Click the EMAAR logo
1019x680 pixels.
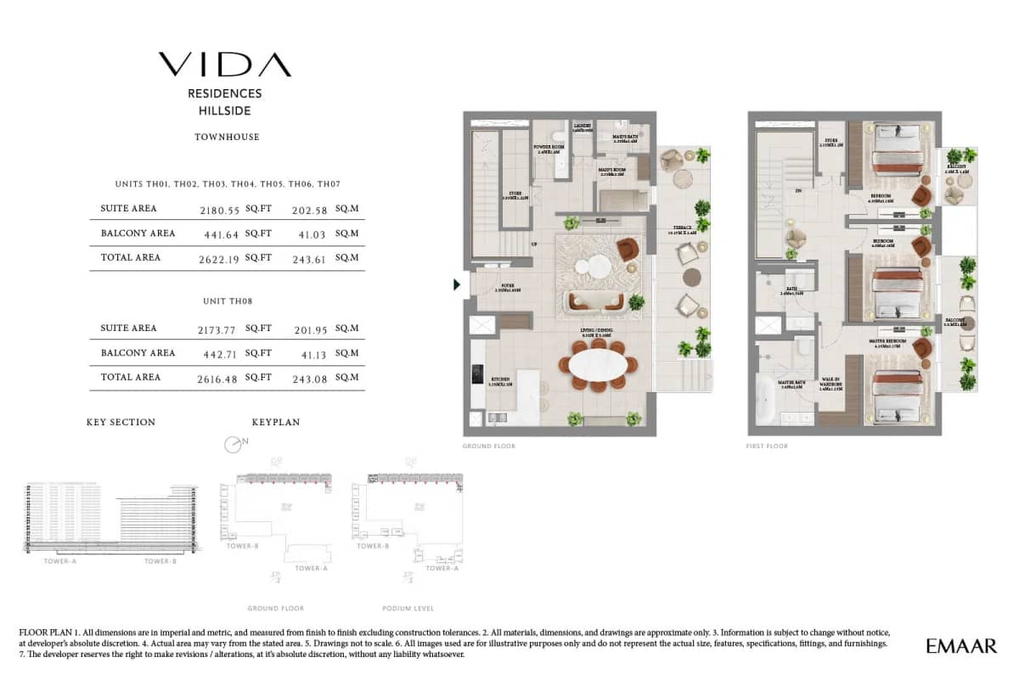click(x=961, y=646)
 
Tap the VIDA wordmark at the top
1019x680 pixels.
click(x=225, y=65)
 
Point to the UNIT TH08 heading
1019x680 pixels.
click(x=227, y=301)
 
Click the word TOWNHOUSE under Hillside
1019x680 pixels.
click(x=227, y=137)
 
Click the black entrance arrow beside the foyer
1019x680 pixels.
click(x=457, y=284)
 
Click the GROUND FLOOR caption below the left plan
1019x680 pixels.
click(x=488, y=446)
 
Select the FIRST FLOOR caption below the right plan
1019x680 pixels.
click(x=768, y=446)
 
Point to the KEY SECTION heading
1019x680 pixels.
click(x=121, y=422)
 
